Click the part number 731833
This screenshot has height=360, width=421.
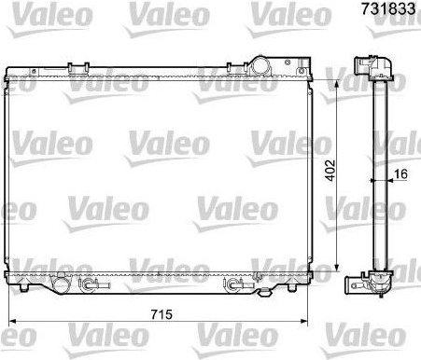coord(388,8)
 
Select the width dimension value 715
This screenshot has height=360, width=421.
coord(161,314)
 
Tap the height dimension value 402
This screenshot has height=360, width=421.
coord(330,170)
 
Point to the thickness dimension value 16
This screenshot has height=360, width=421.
coord(400,174)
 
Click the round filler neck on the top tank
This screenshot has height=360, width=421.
coord(260,65)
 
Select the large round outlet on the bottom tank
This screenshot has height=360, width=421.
coord(61,284)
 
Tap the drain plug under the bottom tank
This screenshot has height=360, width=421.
coord(264,292)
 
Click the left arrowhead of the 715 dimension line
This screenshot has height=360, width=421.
coord(12,321)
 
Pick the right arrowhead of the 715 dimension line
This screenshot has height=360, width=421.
coord(303,321)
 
